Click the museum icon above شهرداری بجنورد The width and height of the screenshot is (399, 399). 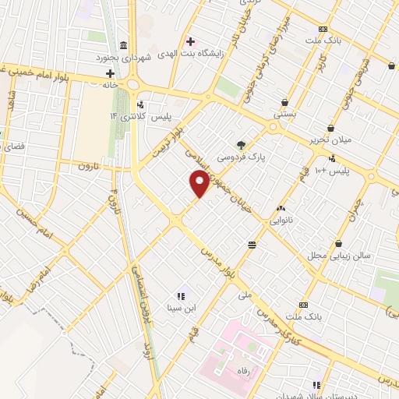(125, 44)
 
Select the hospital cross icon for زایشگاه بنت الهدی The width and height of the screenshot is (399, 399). (189, 40)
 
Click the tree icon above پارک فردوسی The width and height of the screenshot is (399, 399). (241, 144)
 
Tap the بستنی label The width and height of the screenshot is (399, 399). (284, 114)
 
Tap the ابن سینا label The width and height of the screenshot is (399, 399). (179, 308)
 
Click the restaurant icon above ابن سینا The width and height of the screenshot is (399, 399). (180, 295)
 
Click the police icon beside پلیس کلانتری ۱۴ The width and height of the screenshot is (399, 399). (140, 104)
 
